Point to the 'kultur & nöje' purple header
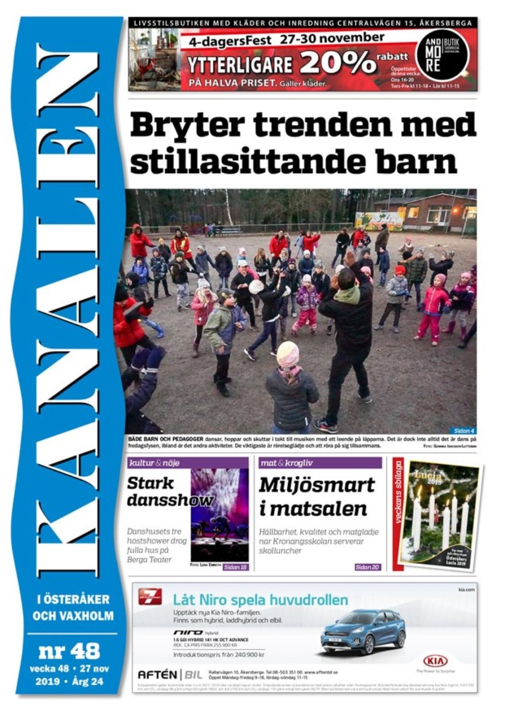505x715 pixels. (153, 463)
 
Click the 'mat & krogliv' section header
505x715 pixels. (286, 463)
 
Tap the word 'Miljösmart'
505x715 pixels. (317, 485)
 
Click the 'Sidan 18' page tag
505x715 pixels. (235, 567)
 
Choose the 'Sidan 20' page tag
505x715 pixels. (367, 567)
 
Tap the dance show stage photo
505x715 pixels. (219, 515)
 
